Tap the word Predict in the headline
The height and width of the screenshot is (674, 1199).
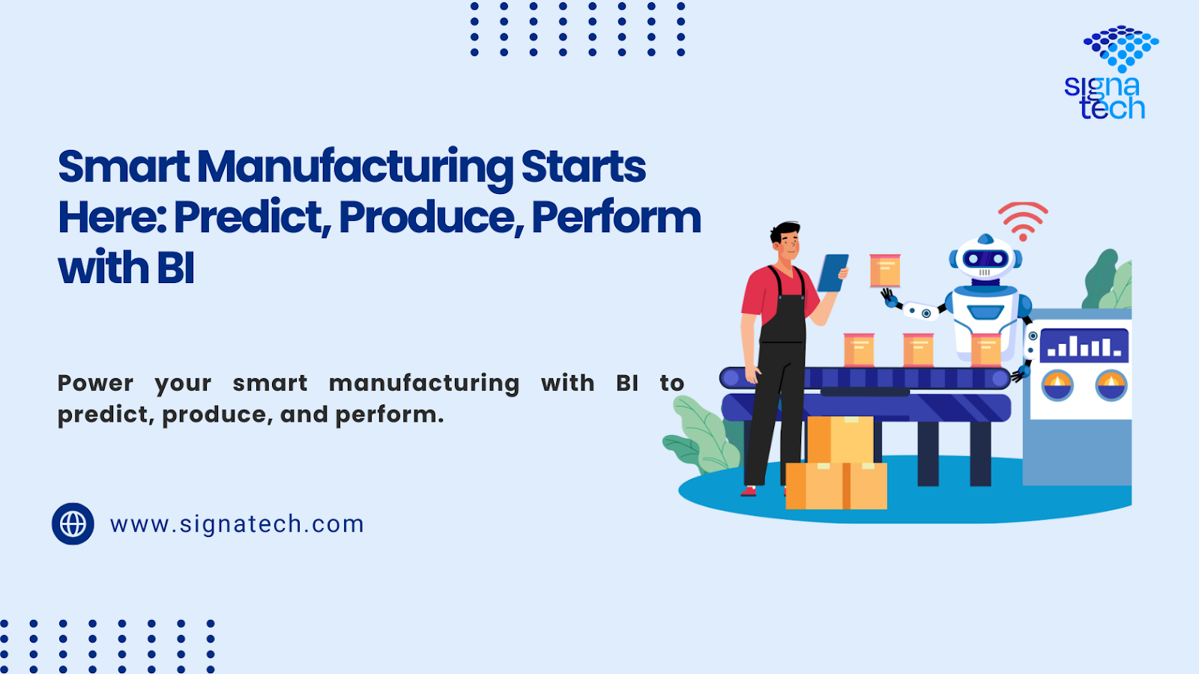point(251,218)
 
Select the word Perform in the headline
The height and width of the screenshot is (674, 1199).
point(616,218)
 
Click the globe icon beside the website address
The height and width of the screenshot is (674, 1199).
point(73,523)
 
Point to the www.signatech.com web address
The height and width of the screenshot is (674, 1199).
point(237,524)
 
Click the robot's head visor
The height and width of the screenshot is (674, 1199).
point(985,259)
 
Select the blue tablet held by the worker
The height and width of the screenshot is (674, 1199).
point(833,273)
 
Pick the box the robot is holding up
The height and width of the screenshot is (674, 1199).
point(885,270)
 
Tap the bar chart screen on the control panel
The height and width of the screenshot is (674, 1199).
point(1084,346)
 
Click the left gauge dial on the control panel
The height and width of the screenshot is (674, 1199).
point(1057,385)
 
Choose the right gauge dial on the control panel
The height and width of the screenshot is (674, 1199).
point(1111,385)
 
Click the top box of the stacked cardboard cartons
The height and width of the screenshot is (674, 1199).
point(840,440)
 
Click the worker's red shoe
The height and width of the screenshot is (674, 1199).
point(749,491)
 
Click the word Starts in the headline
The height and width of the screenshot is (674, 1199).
point(584,168)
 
